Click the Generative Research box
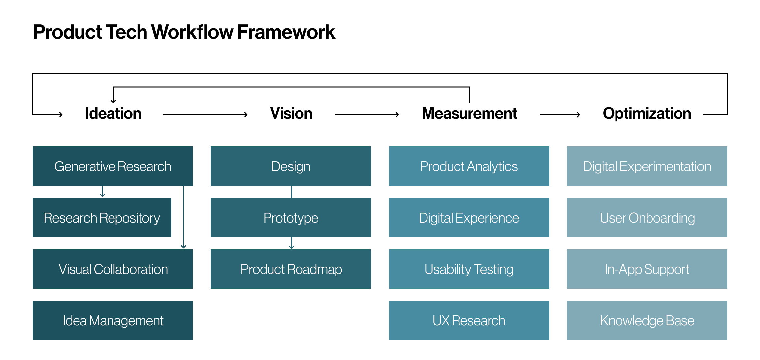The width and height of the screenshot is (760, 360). pos(113,166)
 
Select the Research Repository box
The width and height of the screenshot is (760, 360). pos(102,218)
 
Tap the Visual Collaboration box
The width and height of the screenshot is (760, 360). pos(113,269)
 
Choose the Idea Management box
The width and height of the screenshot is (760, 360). pos(113,320)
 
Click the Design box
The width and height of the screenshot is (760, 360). pos(291,166)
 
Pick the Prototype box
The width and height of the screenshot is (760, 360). pos(291,218)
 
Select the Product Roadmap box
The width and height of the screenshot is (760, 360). pos(291,269)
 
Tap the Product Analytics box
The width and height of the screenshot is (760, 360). pos(469,166)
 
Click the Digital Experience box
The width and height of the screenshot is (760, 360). pos(469,218)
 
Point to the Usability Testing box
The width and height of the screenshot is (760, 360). pos(469,269)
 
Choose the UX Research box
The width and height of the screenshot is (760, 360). pos(469,320)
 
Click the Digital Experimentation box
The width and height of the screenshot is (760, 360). pos(647,166)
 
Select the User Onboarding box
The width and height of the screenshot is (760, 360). pos(647,218)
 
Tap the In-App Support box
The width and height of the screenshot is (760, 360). pos(647,269)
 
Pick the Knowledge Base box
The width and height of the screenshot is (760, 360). pos(647,320)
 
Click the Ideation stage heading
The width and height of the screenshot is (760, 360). pos(113,113)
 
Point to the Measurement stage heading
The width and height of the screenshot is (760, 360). pos(469,113)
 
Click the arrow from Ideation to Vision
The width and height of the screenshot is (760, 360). pos(206,115)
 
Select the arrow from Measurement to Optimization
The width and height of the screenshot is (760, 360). pos(560,115)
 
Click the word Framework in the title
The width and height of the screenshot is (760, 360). pos(286,32)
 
